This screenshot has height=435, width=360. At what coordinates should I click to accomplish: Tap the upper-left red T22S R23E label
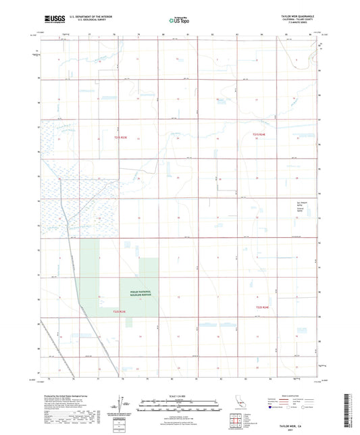[120, 138]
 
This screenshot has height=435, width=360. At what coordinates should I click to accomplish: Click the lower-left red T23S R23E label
[120, 311]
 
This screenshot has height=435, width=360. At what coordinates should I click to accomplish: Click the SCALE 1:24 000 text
[179, 395]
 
